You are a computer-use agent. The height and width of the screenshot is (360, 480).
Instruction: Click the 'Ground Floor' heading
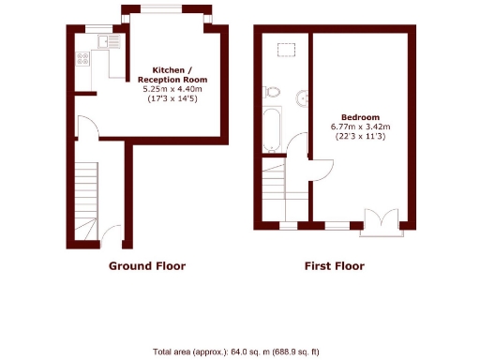[x=147, y=266]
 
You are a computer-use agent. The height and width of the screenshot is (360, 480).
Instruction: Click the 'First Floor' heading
[x=334, y=266]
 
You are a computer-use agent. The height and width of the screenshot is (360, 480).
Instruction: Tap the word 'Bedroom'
[x=360, y=115]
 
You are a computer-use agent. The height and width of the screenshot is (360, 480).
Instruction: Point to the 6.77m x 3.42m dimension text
[x=360, y=126]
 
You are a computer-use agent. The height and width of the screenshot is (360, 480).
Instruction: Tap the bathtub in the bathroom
[x=271, y=129]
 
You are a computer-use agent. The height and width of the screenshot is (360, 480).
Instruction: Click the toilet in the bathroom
[x=273, y=92]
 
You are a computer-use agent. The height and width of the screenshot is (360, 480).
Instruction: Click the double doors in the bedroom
[x=383, y=217]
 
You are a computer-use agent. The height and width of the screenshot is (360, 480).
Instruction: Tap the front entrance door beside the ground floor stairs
[x=112, y=233]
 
